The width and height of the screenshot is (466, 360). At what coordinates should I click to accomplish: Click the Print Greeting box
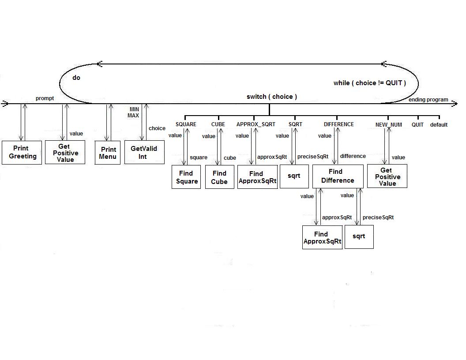pos(22,152)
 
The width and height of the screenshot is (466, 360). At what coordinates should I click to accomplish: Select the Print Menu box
pos(108,153)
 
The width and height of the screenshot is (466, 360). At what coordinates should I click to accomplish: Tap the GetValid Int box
pos(144,152)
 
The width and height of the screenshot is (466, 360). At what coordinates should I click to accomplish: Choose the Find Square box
pos(187,177)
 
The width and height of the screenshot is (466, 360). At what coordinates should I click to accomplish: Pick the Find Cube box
pos(219,177)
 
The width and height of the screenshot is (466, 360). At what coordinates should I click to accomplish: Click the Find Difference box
pos(338,176)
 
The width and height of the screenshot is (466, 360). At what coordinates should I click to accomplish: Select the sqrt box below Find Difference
pos(359,236)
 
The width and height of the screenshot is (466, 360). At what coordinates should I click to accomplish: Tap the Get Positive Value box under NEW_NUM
pos(387,176)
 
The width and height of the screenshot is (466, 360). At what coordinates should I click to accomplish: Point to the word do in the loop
pos(76,78)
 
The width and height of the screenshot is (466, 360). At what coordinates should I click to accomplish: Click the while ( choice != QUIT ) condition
pos(369,83)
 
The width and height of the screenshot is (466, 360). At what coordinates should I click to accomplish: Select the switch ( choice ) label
pos(271,97)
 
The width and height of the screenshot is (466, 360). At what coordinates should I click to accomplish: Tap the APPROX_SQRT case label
pos(256,124)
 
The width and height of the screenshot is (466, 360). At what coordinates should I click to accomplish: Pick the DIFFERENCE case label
pos(338,124)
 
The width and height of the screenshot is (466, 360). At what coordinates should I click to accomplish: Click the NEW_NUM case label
pos(388,125)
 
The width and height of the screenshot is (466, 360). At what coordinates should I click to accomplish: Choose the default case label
pos(439,125)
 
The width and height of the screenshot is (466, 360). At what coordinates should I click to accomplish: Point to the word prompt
pos(45,98)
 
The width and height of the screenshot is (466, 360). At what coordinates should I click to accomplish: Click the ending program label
pos(428,100)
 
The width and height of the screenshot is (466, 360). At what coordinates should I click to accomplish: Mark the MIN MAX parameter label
pos(134,112)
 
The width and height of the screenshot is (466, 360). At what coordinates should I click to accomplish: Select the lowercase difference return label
pos(353,156)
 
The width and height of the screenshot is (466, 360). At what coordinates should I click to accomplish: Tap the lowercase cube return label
pos(230,158)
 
